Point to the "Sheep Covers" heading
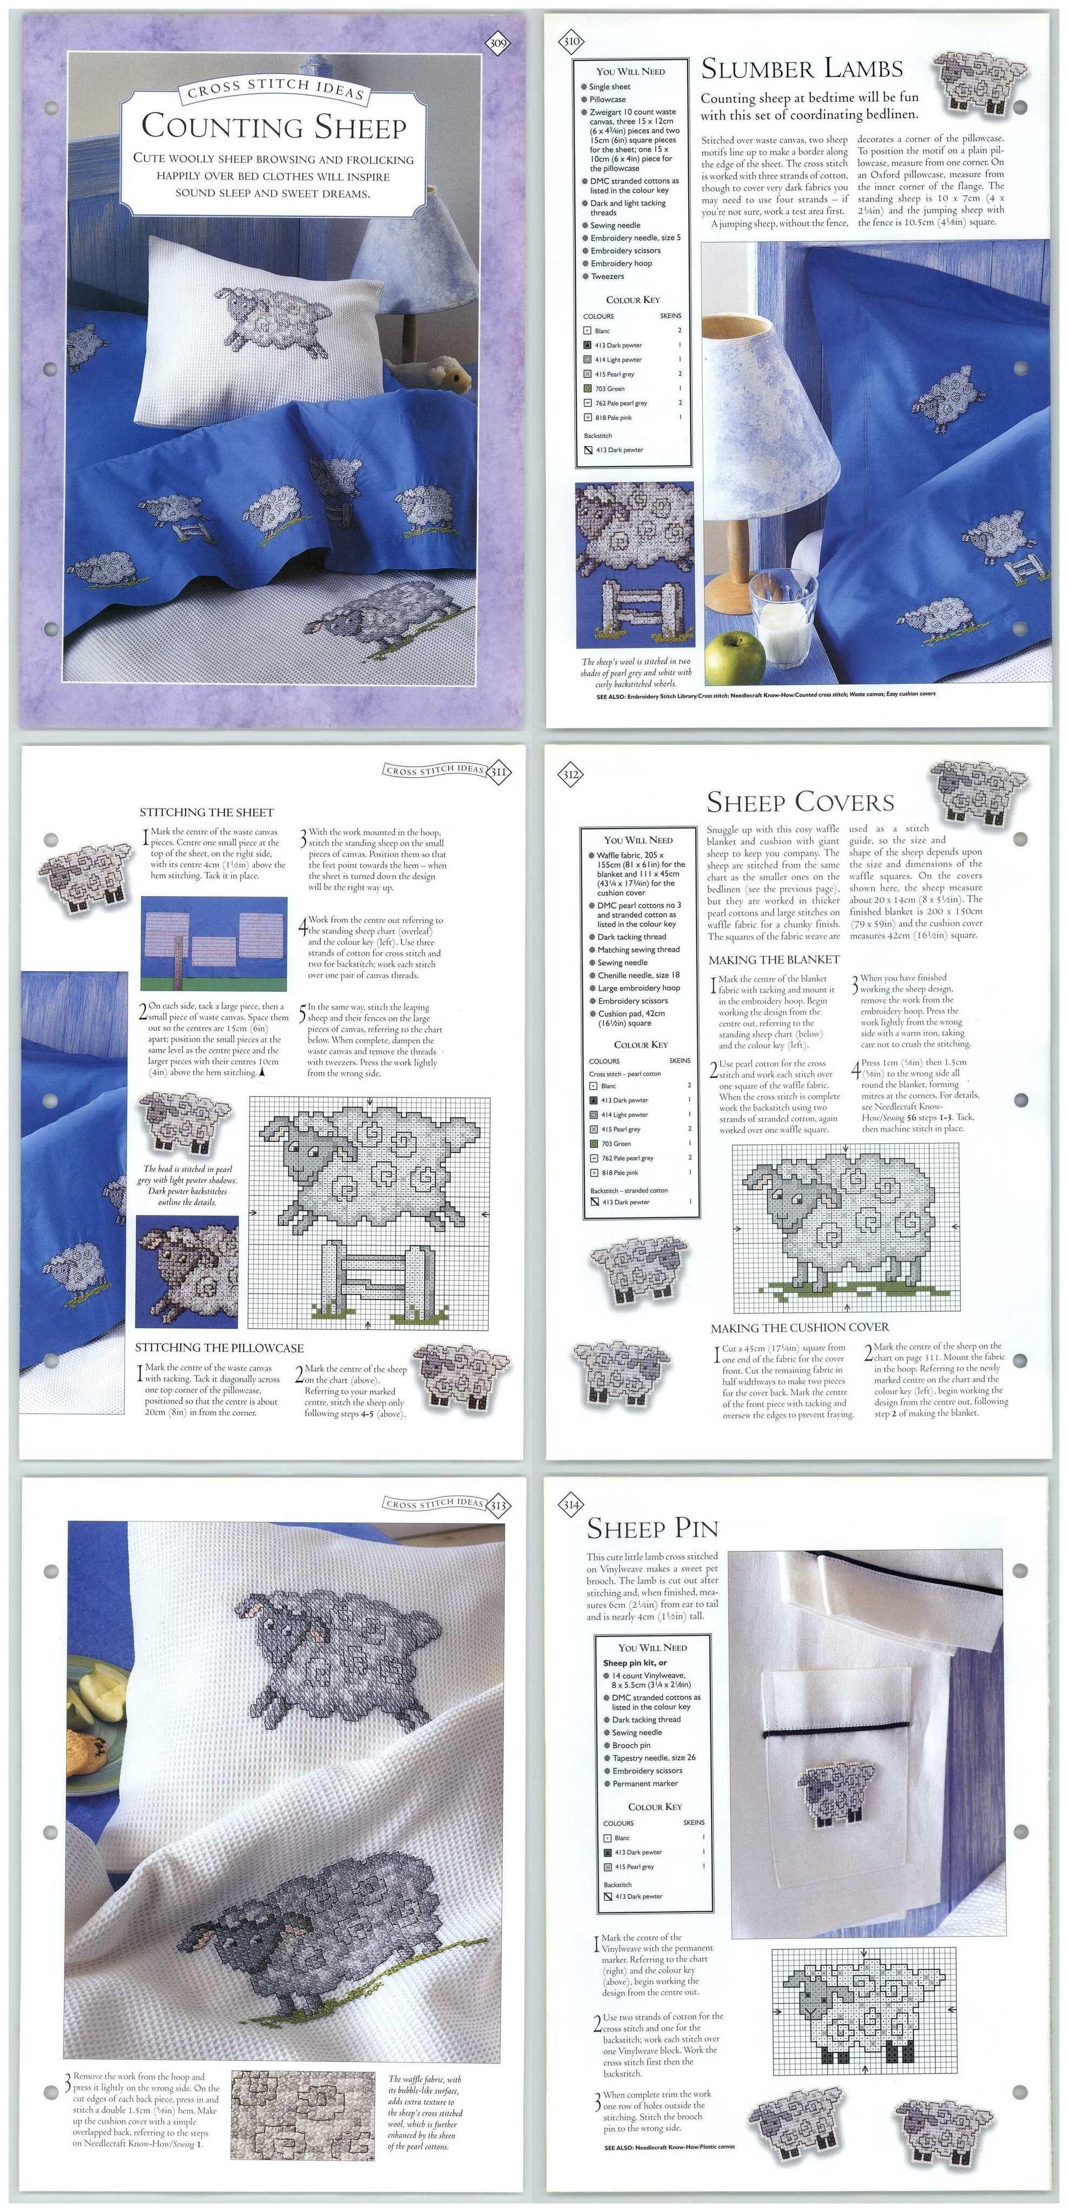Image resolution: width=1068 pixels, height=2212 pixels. click(800, 802)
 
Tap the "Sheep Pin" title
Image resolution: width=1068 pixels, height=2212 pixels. click(652, 1528)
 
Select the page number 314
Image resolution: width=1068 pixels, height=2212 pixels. click(571, 1504)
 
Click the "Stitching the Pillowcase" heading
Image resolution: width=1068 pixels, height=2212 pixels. click(219, 1348)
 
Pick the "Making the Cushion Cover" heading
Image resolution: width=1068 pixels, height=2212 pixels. click(799, 1327)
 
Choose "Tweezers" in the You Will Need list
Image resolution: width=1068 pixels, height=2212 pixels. click(607, 277)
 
